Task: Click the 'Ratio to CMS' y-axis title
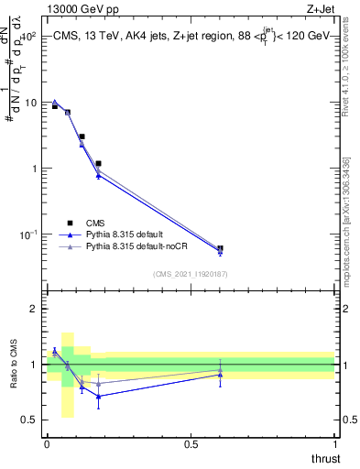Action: pos(13,365)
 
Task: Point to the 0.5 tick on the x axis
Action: pos(191,444)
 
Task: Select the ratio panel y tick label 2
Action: pos(34,309)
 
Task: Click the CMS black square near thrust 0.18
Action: pos(98,163)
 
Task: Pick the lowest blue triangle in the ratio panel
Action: pos(98,396)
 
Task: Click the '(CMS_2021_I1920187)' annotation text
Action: pos(190,274)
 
